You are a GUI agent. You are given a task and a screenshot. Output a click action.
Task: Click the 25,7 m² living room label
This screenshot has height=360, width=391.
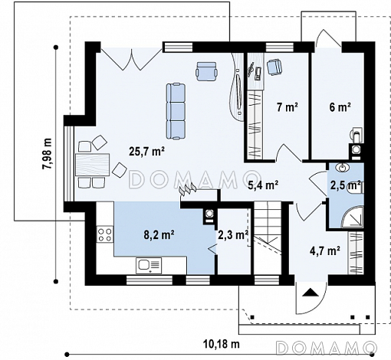point(146,152)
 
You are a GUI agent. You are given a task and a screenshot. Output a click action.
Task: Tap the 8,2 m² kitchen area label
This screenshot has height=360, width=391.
point(159,234)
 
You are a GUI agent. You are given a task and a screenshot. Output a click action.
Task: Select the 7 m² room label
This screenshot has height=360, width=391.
point(287,106)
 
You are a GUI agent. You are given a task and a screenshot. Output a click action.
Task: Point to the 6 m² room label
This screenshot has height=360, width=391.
point(340,107)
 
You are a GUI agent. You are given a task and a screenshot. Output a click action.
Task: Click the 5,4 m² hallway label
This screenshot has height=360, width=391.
point(264,185)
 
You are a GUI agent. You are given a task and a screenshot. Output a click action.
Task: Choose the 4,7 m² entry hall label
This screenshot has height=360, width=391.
point(324,250)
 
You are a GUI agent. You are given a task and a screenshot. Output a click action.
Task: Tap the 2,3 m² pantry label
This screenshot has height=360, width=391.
point(233,234)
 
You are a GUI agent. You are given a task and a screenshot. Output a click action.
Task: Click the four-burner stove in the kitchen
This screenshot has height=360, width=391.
point(105,234)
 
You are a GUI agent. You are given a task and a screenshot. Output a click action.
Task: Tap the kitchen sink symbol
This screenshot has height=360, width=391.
point(149,266)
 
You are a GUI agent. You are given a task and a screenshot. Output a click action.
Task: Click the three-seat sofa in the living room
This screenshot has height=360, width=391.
point(176,111)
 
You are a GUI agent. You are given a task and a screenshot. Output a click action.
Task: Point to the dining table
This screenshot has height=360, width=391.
point(93,165)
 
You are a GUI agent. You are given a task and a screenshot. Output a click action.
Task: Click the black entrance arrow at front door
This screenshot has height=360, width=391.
point(310,292)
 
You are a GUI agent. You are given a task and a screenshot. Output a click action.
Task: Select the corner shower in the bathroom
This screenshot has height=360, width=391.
point(353,216)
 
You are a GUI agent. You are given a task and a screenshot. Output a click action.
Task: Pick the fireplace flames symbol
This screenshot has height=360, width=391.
point(188,189)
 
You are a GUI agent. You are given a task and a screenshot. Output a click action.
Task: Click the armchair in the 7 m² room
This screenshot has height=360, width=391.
point(274,67)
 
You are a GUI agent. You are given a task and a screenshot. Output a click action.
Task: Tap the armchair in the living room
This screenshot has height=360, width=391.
point(207,71)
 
